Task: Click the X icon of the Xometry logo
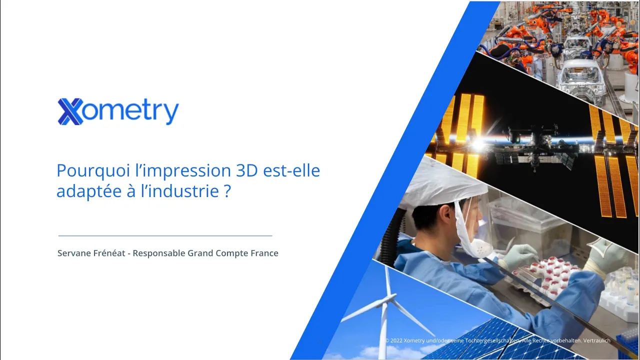(x=70, y=111)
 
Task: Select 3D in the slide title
(x=247, y=170)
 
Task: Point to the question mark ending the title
(x=227, y=191)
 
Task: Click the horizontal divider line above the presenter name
(x=165, y=236)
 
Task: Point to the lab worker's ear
(x=446, y=215)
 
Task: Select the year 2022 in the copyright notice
(x=396, y=340)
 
